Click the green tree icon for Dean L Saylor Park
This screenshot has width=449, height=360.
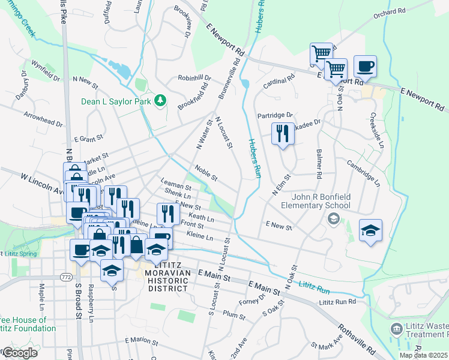coord(160,101)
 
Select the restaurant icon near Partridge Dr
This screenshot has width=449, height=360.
coord(283,133)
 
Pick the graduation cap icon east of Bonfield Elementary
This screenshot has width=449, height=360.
coord(370,230)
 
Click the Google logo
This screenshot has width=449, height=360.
coord(19,353)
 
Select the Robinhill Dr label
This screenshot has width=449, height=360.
coord(194,78)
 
